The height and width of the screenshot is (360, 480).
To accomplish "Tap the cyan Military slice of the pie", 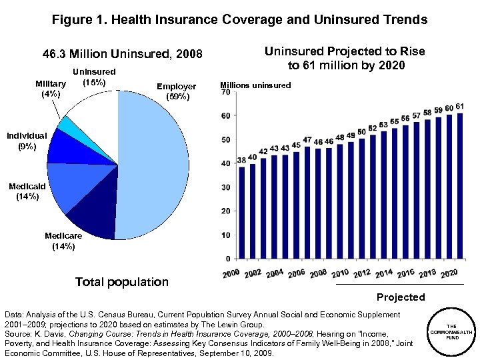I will [x=66, y=124].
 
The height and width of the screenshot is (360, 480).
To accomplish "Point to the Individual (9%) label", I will [x=27, y=141].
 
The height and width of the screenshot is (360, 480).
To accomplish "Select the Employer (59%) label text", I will [x=176, y=91].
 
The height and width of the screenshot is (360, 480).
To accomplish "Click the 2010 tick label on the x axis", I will [x=340, y=273].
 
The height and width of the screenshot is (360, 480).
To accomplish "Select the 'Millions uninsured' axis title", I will [x=255, y=85].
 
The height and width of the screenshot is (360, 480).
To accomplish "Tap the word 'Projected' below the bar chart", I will [x=400, y=297].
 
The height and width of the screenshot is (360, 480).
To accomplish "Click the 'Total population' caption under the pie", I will [x=122, y=282].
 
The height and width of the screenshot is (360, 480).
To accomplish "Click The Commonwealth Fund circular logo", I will [x=451, y=331].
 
